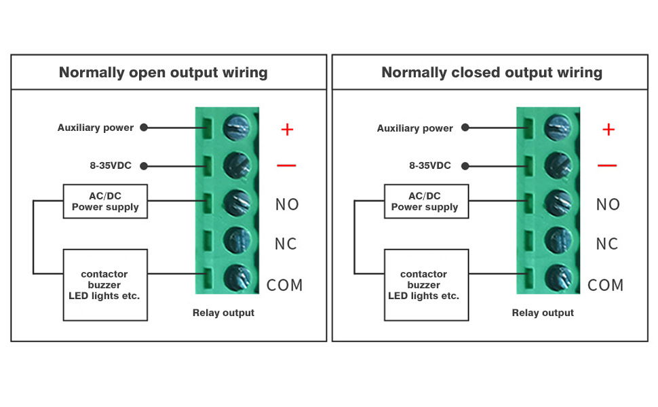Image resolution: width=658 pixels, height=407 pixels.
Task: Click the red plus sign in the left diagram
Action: [287, 129]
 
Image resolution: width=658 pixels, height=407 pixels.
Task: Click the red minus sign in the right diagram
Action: [607, 166]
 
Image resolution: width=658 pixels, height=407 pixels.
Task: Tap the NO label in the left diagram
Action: [287, 204]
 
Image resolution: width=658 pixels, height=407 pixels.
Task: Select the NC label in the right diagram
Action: [607, 244]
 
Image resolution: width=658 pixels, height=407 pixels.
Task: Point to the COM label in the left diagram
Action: [285, 285]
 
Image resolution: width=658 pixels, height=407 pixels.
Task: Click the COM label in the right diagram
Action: [606, 285]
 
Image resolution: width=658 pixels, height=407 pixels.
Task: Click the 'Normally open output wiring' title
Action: [163, 73]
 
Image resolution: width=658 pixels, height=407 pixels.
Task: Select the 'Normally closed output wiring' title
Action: [492, 73]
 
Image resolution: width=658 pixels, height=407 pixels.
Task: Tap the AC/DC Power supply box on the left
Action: [105, 201]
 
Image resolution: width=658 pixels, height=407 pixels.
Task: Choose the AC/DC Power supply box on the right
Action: [425, 201]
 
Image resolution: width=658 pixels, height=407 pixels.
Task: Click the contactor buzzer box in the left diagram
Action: [104, 285]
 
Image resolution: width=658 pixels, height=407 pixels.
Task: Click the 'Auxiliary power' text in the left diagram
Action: [96, 128]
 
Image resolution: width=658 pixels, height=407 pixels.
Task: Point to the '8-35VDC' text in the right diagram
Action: [430, 166]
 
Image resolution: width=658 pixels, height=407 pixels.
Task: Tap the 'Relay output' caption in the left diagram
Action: [223, 313]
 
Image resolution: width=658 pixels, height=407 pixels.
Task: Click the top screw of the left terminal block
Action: [237, 125]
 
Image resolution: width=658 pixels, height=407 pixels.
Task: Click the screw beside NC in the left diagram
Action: [237, 239]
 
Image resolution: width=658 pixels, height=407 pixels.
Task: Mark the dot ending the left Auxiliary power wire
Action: [144, 128]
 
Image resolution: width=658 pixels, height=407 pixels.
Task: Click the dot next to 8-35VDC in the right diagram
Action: [465, 166]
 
